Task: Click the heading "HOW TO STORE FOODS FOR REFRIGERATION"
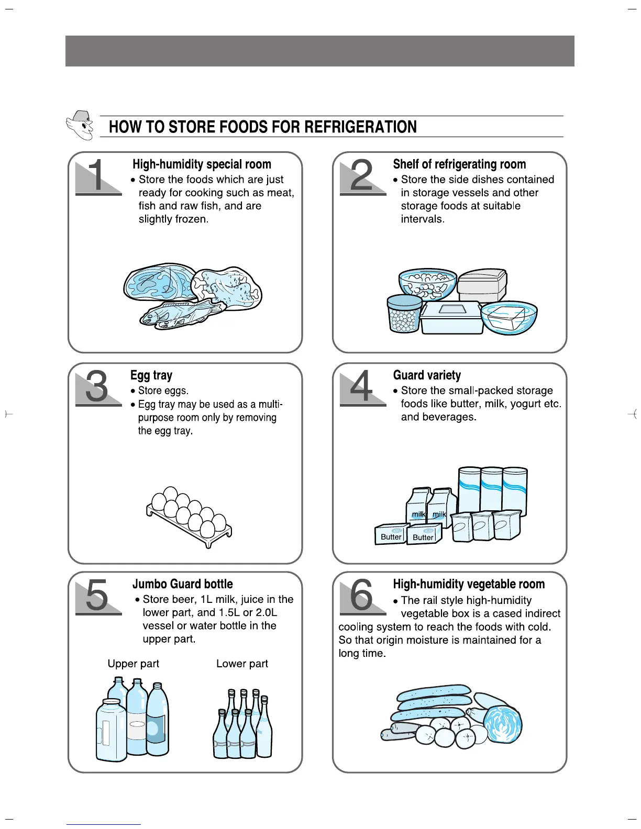point(262,127)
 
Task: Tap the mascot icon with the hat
point(80,125)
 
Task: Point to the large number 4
point(362,387)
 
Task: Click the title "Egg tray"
point(151,375)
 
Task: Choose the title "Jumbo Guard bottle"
point(182,584)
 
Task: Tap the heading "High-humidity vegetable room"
point(469,584)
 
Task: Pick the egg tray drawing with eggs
point(189,516)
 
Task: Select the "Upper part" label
point(133,664)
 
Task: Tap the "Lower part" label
point(242,664)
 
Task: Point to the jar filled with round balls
point(404,314)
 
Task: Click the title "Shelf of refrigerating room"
point(459,164)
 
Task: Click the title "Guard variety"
point(427,375)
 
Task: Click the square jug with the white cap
point(111,731)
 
